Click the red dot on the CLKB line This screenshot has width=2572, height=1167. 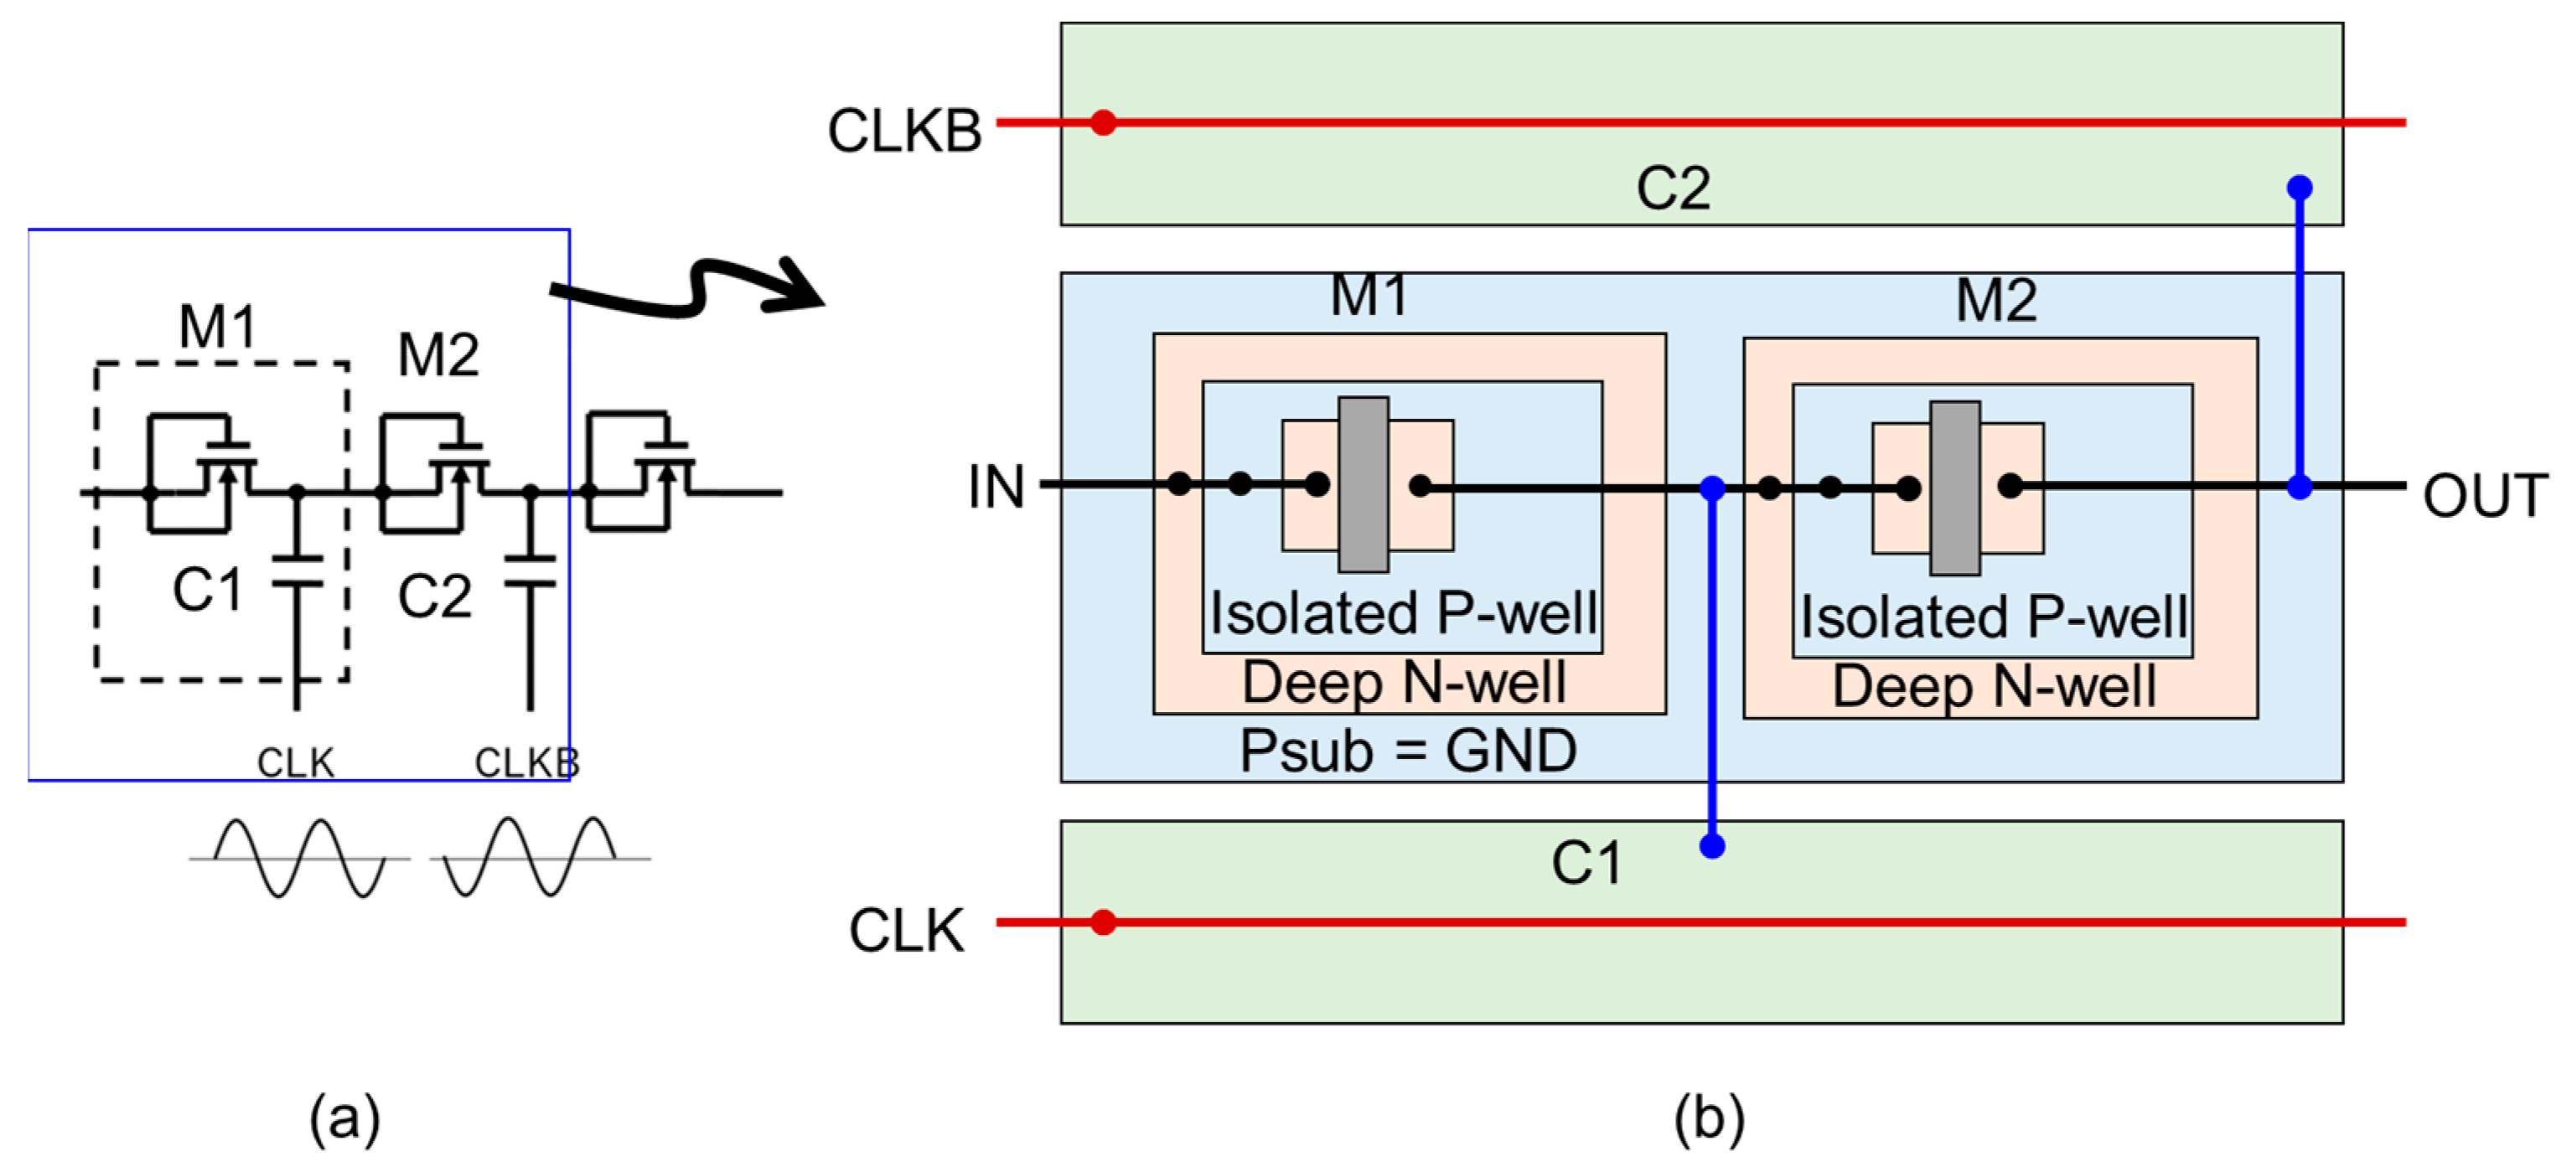(1102, 123)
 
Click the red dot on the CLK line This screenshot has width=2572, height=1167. (1102, 922)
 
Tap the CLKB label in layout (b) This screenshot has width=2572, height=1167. (903, 131)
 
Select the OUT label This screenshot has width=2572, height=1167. (2484, 496)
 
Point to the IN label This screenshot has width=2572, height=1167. (996, 488)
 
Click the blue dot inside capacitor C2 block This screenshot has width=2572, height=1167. (2300, 188)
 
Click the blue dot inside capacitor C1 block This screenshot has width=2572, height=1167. (1711, 846)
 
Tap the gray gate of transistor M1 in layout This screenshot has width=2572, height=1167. (1363, 484)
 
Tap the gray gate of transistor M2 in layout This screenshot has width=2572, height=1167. (1954, 488)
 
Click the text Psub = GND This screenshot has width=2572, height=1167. (1408, 751)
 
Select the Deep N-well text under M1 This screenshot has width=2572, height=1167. (1403, 684)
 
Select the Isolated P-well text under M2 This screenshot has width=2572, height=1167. (1993, 618)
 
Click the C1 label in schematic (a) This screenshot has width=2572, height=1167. (207, 589)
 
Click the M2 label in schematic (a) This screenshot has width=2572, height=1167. (437, 354)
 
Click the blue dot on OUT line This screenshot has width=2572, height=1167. (2300, 488)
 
